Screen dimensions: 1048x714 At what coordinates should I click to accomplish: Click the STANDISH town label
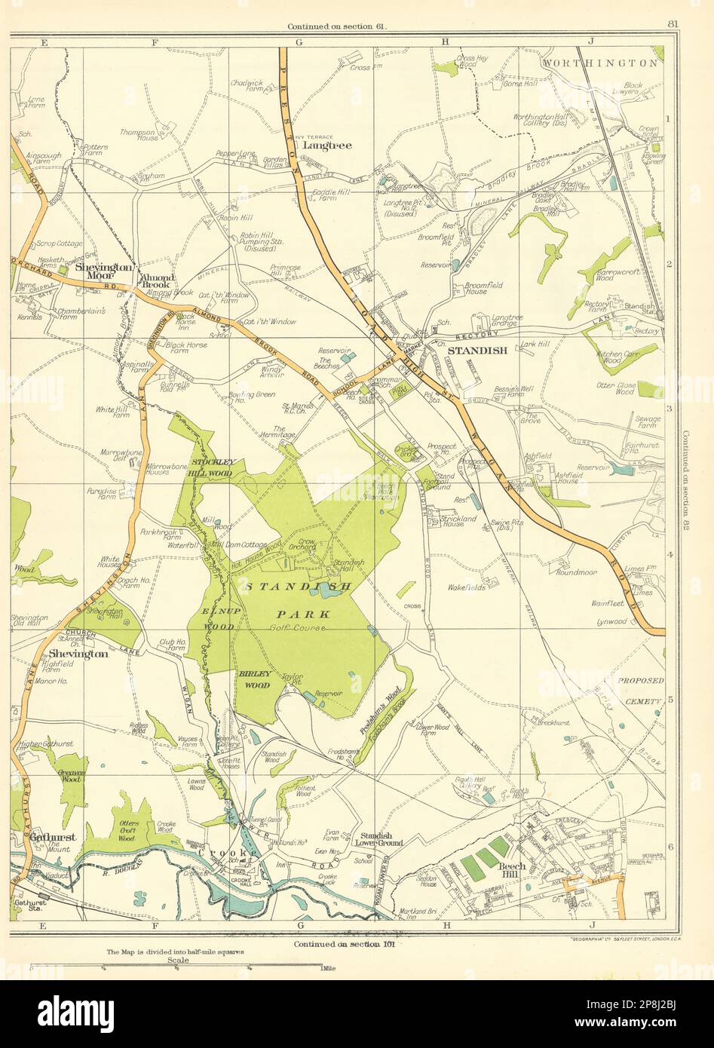(x=471, y=351)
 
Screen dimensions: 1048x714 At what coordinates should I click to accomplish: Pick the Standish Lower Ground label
(x=381, y=838)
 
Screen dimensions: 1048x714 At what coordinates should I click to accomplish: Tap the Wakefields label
(x=468, y=585)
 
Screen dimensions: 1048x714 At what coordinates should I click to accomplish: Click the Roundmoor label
(x=576, y=572)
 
